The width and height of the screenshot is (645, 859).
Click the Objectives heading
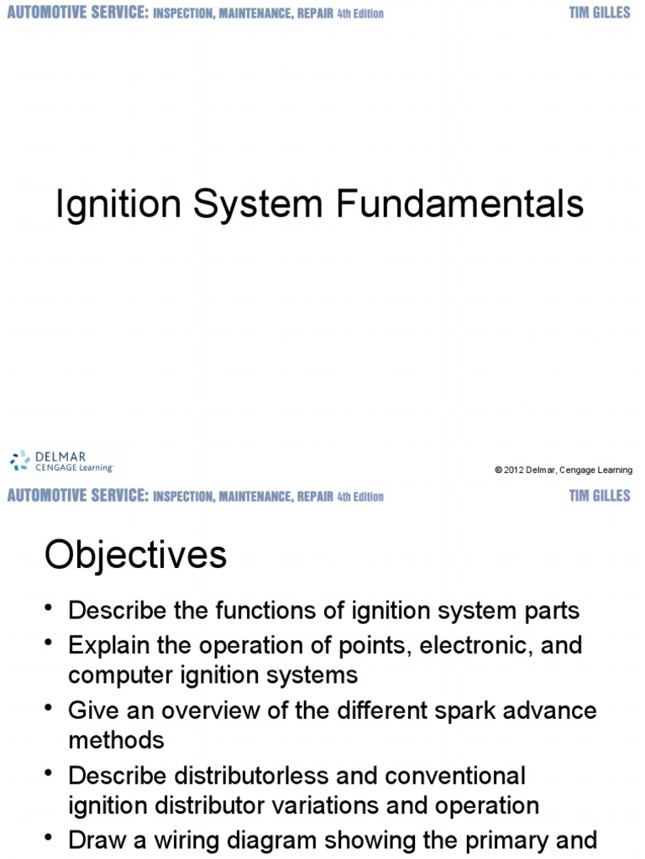coord(135,555)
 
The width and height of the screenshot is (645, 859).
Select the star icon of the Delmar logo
coord(19,461)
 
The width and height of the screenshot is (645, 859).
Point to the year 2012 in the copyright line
coord(514,470)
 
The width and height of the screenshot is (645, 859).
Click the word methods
coord(116,740)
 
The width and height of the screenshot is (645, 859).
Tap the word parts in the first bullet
coord(551,610)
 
